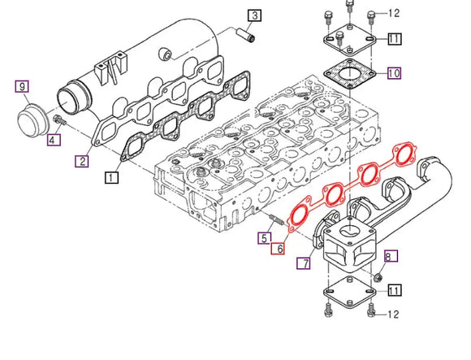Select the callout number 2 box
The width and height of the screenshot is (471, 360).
click(82, 162)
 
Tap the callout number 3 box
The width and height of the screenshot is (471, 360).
click(254, 15)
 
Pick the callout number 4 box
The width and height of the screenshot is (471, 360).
click(52, 140)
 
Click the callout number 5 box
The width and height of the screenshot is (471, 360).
click(265, 238)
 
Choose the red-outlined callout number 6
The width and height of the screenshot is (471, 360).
click(279, 249)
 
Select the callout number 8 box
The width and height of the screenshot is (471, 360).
click(387, 257)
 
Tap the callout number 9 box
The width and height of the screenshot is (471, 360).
click(23, 86)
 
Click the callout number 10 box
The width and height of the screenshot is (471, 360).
click(393, 74)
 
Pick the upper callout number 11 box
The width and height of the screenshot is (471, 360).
click(393, 39)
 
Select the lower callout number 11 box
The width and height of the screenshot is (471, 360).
click(393, 290)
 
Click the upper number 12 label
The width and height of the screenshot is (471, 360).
click(395, 13)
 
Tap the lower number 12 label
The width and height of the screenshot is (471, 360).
click(395, 314)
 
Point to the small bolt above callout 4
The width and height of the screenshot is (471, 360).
click(58, 122)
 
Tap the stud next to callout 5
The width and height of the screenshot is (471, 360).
click(274, 219)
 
